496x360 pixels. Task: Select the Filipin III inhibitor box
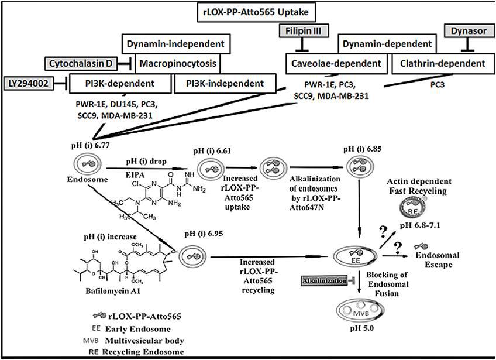pos(303,29)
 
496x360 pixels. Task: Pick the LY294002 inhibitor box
pos(30,84)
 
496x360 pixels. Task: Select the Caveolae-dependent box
pos(333,63)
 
